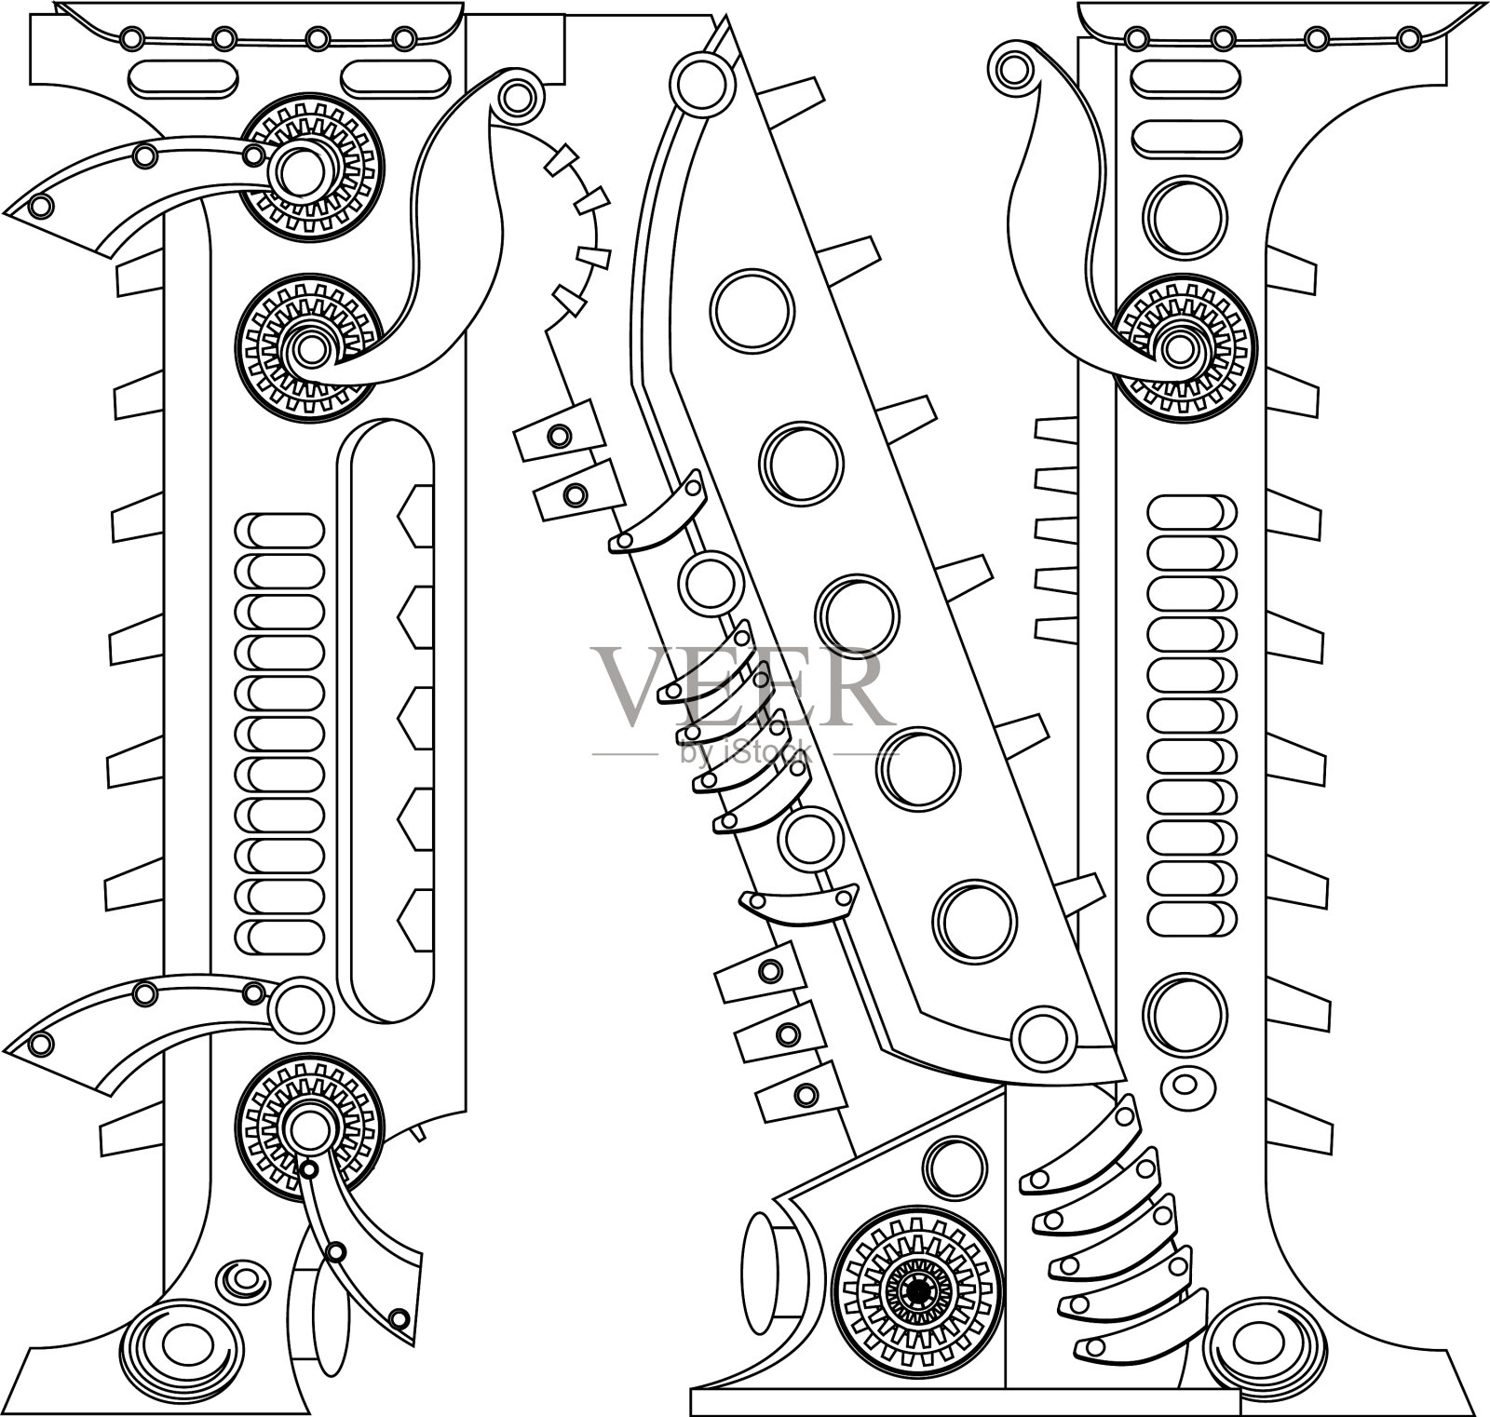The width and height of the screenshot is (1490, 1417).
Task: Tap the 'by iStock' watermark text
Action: click(746, 751)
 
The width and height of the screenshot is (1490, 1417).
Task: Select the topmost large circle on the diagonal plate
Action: click(752, 310)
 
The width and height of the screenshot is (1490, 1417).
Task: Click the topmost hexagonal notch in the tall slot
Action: click(415, 515)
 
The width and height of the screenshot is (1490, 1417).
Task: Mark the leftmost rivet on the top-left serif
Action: click(132, 38)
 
